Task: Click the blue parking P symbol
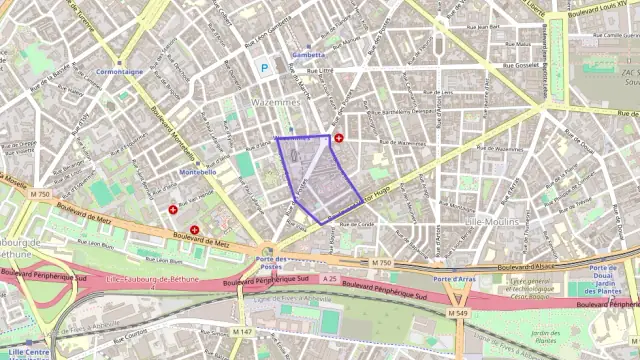pyautogui.click(x=264, y=68)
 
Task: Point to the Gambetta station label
pyautogui.click(x=307, y=55)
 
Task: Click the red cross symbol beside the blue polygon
pyautogui.click(x=338, y=138)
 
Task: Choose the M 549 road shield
pyautogui.click(x=458, y=313)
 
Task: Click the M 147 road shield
pyautogui.click(x=242, y=331)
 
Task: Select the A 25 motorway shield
pyautogui.click(x=329, y=281)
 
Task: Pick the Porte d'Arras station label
pyautogui.click(x=453, y=277)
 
